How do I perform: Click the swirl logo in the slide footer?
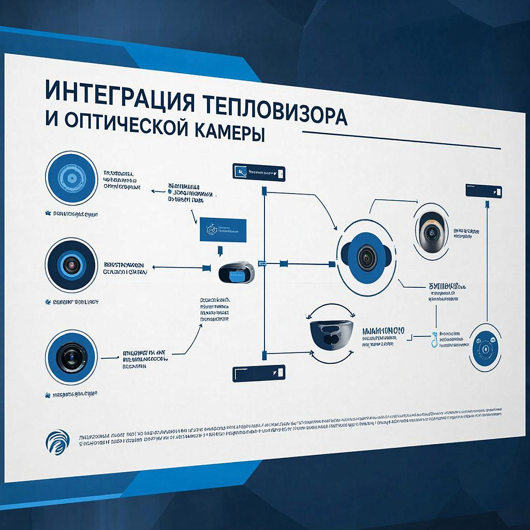pyautogui.click(x=56, y=443)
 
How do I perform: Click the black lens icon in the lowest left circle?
pyautogui.click(x=71, y=357)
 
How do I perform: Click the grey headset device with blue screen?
pyautogui.click(x=236, y=272)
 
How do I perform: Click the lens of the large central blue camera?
pyautogui.click(x=367, y=257)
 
